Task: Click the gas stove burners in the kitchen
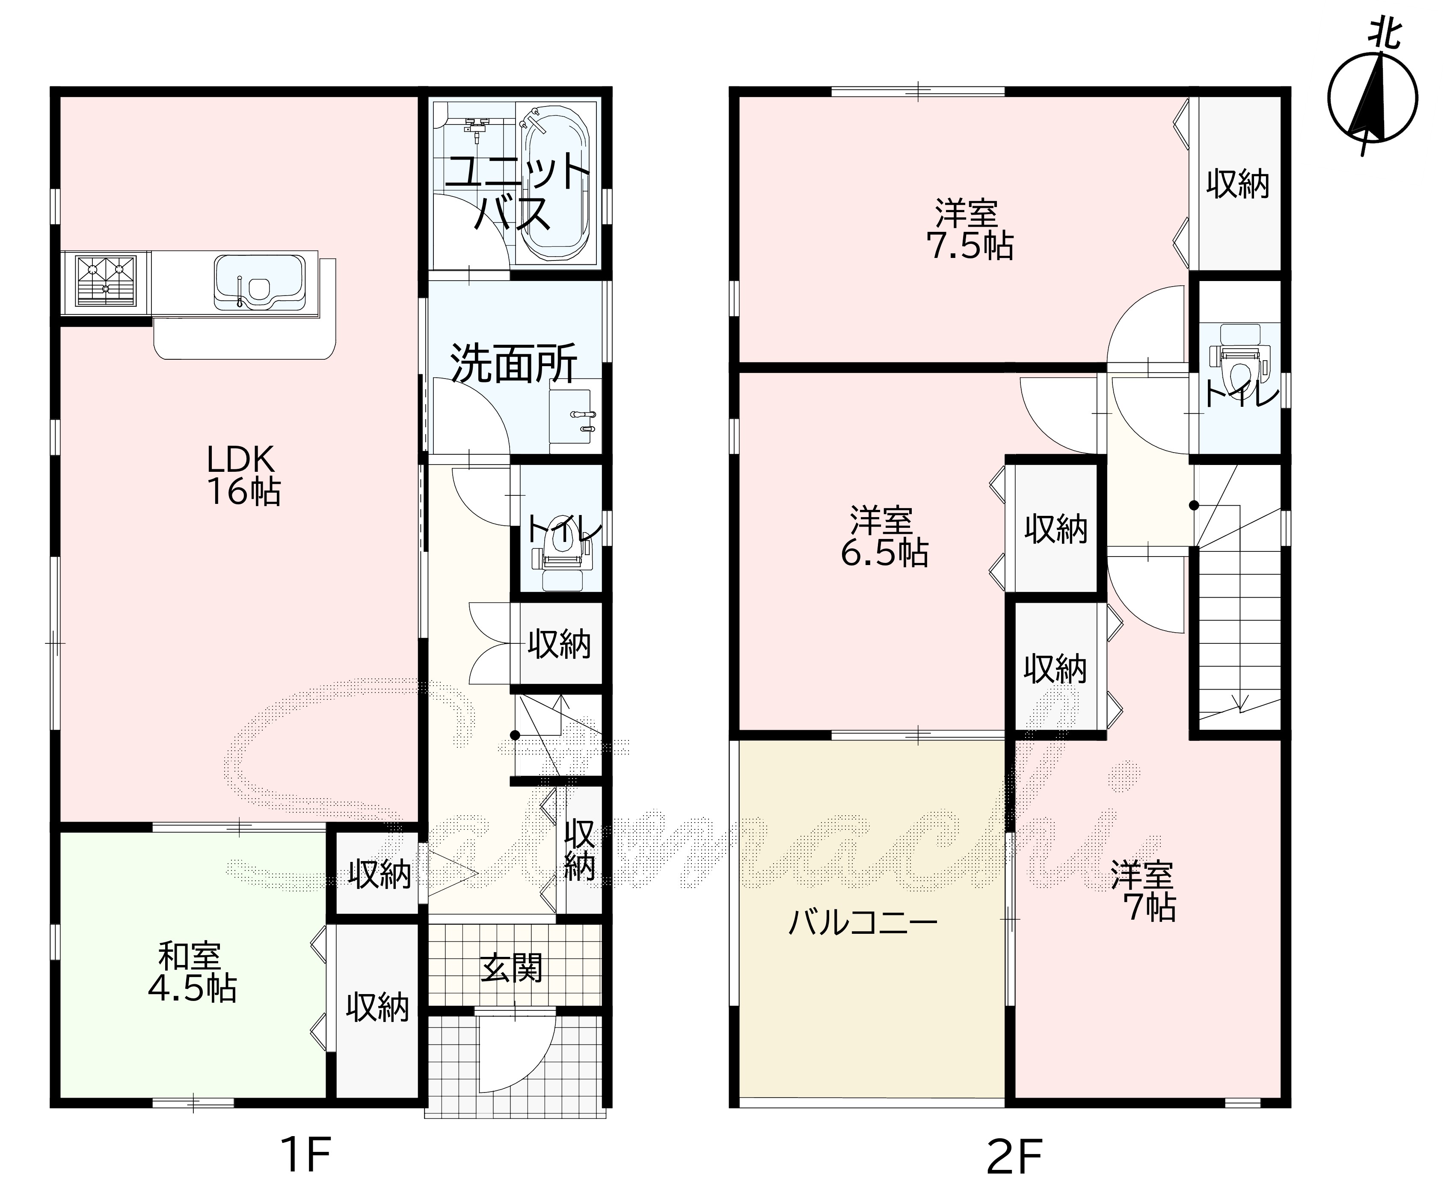[x=105, y=280]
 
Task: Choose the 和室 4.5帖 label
[x=192, y=972]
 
